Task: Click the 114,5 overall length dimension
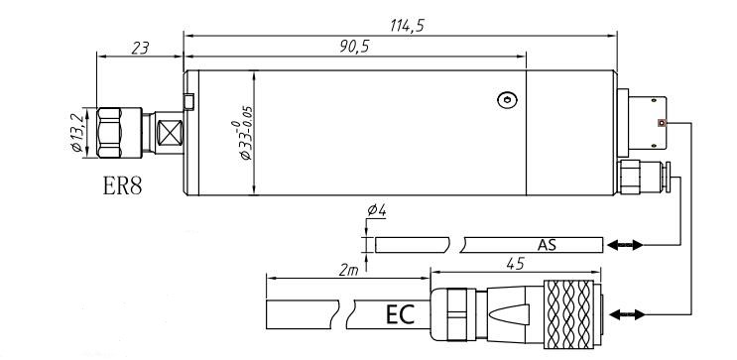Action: point(407,26)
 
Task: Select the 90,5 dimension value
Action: point(354,47)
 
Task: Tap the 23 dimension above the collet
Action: point(140,48)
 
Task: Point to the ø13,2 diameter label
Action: point(77,133)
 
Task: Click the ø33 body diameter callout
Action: point(246,133)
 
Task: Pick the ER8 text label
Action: point(122,185)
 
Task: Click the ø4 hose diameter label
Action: point(377,210)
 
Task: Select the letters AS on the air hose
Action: point(548,245)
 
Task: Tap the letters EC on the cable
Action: point(400,315)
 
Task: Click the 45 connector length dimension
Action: point(515,264)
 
